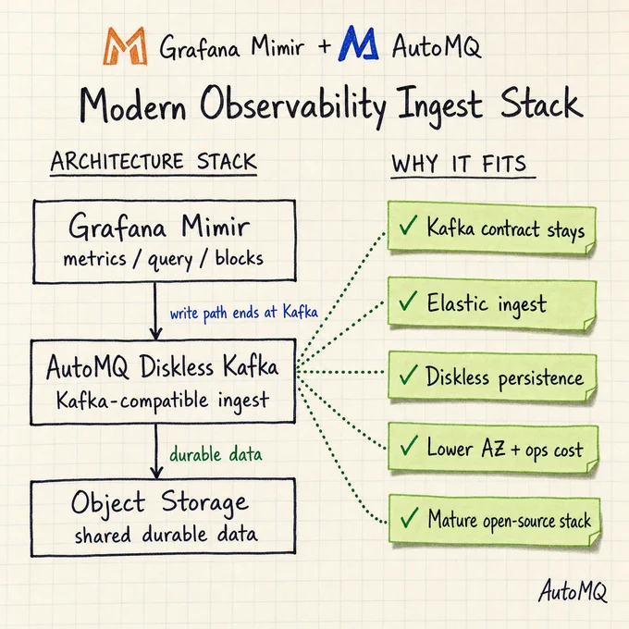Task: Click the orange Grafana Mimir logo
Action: click(125, 45)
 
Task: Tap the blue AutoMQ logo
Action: click(358, 43)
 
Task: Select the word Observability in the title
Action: click(293, 105)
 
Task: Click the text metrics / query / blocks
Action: click(164, 259)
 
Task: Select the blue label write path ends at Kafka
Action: click(244, 313)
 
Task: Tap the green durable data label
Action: click(216, 454)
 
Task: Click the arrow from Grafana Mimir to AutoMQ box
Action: click(155, 312)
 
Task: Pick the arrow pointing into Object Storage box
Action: click(156, 450)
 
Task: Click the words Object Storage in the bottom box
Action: click(160, 502)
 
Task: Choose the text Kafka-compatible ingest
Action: click(163, 401)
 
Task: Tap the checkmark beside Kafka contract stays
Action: click(408, 225)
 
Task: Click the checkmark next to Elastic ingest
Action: click(408, 301)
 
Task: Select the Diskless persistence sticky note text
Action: click(505, 377)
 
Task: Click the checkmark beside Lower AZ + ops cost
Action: click(409, 446)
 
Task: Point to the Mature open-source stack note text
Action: click(510, 520)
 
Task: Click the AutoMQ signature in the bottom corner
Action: click(573, 590)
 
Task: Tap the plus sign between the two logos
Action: click(324, 45)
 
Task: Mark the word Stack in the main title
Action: click(541, 103)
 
